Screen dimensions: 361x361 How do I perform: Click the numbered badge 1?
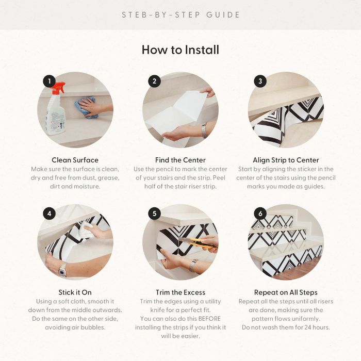(x=50, y=81)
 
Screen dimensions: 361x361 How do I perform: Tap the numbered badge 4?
(x=50, y=214)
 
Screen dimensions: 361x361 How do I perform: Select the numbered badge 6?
(x=260, y=214)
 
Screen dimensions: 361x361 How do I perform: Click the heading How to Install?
(x=180, y=50)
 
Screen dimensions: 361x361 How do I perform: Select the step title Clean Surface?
(x=75, y=160)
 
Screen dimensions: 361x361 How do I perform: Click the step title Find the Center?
(x=180, y=160)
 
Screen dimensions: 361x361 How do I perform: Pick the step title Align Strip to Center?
(x=286, y=160)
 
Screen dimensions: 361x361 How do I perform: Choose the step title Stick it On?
(x=75, y=292)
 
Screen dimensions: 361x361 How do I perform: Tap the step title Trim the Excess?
(x=180, y=292)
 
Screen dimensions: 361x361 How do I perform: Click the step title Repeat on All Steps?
(x=286, y=292)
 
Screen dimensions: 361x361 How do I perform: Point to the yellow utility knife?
(x=199, y=243)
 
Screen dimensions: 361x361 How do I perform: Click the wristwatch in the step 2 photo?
(x=204, y=131)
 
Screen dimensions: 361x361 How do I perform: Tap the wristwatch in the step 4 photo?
(x=62, y=270)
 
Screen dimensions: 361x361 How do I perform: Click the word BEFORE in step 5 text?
(x=209, y=319)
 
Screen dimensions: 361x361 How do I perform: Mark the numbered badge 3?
(x=260, y=81)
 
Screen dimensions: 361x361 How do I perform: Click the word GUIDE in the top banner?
(x=223, y=15)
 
